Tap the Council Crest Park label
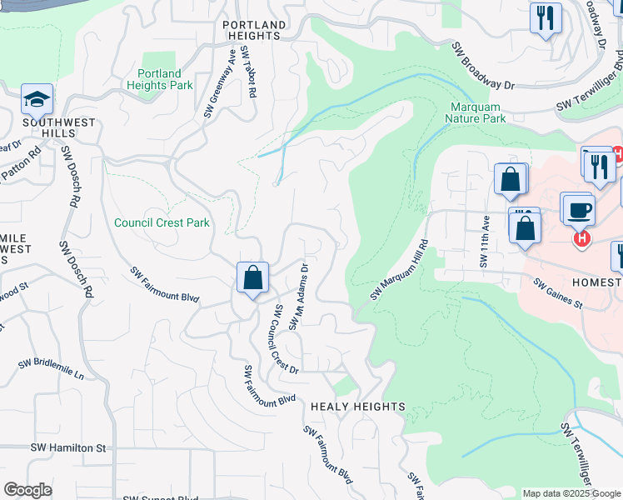(x=162, y=222)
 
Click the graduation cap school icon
(x=37, y=100)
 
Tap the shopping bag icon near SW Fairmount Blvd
(x=252, y=278)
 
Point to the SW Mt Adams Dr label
(x=299, y=297)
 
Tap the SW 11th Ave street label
(x=484, y=242)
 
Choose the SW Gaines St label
(x=558, y=293)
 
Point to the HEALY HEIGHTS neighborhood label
(x=357, y=407)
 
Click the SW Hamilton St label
(x=69, y=447)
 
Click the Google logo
(x=27, y=489)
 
